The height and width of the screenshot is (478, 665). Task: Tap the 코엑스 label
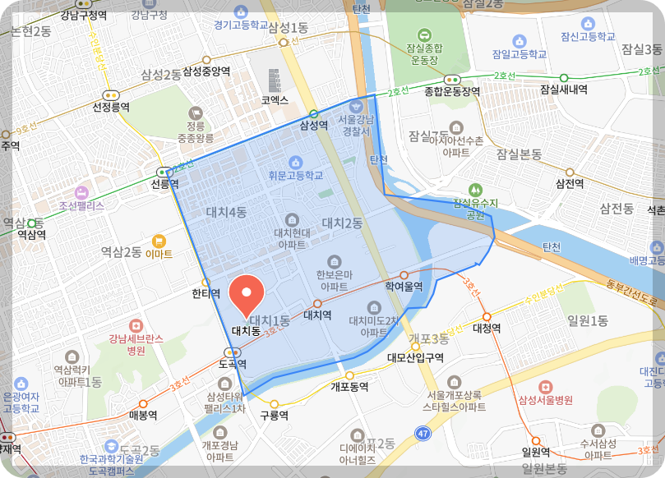275,100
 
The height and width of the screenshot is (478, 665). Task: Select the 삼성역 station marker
313,114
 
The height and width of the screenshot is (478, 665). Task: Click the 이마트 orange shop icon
159,241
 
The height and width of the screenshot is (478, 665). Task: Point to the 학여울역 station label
404,287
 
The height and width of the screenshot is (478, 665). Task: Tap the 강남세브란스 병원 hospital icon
135,325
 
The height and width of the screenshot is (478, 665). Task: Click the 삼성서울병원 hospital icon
544,386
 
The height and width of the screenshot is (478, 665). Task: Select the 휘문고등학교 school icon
295,162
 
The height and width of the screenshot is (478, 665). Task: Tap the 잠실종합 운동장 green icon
424,34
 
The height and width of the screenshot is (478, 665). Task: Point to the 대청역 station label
487,328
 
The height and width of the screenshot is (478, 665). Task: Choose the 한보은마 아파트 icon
333,260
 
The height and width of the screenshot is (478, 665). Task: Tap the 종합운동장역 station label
451,91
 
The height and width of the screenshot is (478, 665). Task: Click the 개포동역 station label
349,386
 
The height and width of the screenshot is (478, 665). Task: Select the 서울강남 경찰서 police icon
356,105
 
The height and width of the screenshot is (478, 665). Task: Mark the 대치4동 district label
227,213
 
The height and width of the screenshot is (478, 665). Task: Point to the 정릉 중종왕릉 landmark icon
195,113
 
